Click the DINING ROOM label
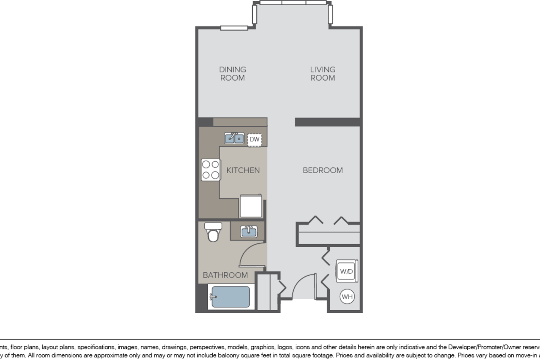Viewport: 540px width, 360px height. (232, 73)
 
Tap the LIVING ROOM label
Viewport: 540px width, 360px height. (322, 73)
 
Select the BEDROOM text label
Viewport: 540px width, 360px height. (322, 170)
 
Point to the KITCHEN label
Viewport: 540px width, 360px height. (243, 170)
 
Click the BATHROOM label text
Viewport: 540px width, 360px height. (225, 275)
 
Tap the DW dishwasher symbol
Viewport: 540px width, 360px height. (254, 139)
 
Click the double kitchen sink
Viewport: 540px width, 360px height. (234, 138)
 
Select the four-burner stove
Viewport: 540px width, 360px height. (210, 170)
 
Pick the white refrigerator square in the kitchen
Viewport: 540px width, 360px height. (251, 206)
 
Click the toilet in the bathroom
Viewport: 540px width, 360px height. (213, 232)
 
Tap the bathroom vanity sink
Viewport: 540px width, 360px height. (248, 231)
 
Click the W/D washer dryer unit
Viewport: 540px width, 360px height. (346, 271)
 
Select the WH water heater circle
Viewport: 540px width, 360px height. (347, 297)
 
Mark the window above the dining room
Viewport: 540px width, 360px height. (234, 28)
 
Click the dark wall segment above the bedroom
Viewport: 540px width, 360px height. (328, 122)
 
